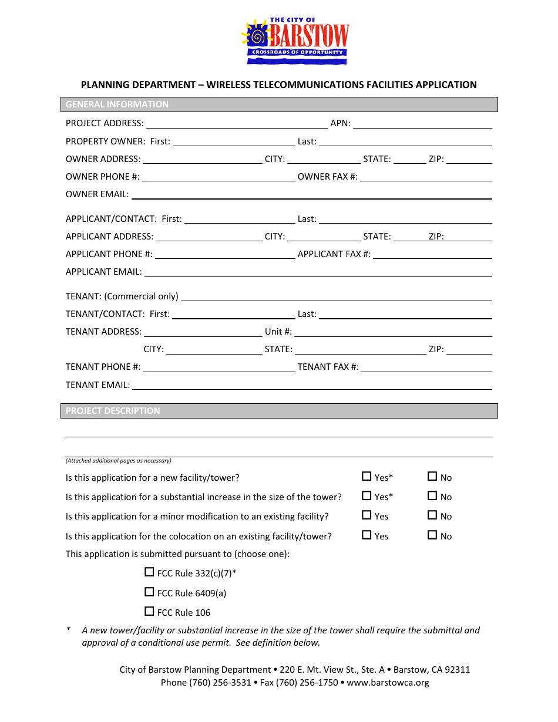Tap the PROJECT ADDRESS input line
[x=237, y=124]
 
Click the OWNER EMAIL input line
[x=311, y=195]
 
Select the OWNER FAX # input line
[x=426, y=177]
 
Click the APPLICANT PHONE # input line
[x=224, y=255]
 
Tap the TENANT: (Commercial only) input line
[x=336, y=297]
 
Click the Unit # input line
[x=392, y=332]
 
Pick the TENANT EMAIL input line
[x=311, y=386]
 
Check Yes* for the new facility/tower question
[x=367, y=477]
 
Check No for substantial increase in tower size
[x=432, y=496]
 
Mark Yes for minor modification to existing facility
[x=367, y=515]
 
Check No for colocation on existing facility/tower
[x=432, y=535]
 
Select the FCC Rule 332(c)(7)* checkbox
[x=149, y=572]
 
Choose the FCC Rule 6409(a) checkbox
[x=149, y=592]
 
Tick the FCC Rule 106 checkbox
[x=149, y=612]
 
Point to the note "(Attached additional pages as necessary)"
[x=119, y=461]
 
